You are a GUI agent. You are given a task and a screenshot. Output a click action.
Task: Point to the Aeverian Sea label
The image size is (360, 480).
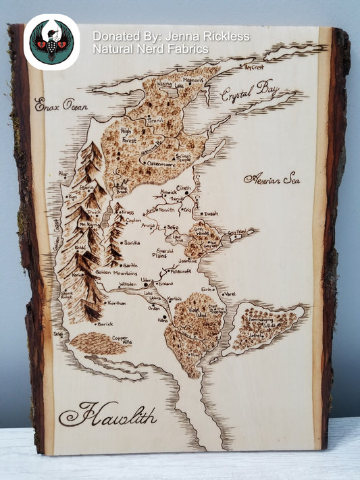tap(272, 179)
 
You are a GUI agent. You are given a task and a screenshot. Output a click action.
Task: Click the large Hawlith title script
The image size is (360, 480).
tap(107, 413)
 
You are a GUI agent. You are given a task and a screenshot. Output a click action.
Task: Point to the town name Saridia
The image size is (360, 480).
tap(132, 242)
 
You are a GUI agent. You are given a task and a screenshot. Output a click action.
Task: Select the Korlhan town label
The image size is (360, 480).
tap(116, 304)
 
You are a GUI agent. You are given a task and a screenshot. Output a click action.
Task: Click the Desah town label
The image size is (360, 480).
tap(211, 214)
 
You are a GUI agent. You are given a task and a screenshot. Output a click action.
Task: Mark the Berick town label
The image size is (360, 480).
tap(105, 324)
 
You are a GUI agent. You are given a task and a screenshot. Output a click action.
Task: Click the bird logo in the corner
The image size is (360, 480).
tap(51, 42)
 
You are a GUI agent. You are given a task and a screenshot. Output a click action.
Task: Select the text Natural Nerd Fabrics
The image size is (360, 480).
tap(150, 49)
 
